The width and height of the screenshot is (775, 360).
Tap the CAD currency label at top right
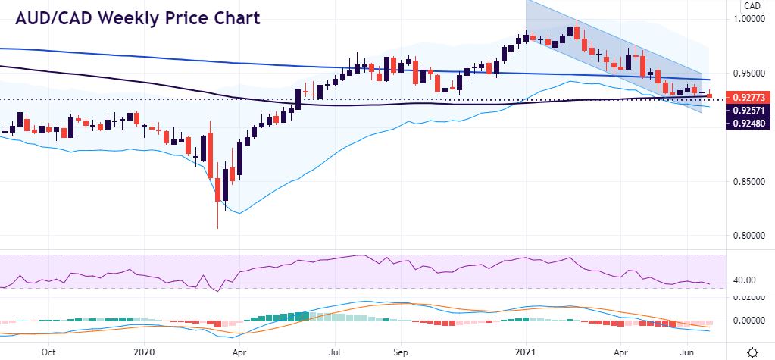(751, 6)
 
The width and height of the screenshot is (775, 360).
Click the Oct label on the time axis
(48, 352)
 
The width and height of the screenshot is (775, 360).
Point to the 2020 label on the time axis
(144, 352)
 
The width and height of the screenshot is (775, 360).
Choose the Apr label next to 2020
(239, 352)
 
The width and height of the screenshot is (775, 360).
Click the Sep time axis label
(403, 352)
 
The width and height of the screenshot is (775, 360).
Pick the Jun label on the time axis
(689, 352)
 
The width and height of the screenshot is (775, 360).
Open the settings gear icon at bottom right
(752, 352)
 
